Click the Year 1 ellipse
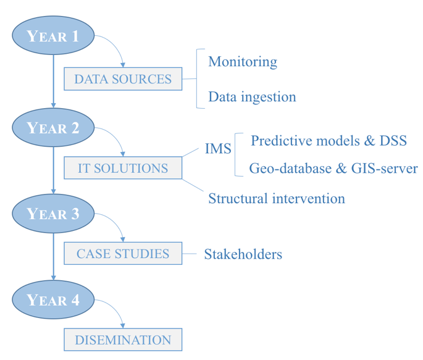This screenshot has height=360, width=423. pyautogui.click(x=53, y=35)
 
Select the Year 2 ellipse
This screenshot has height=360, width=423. pyautogui.click(x=53, y=128)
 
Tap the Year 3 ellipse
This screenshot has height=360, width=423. pyautogui.click(x=53, y=214)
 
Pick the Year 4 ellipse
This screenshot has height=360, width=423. pyautogui.click(x=53, y=299)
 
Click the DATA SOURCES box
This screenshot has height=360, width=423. pyautogui.click(x=123, y=79)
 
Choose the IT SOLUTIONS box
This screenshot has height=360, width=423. pyautogui.click(x=123, y=168)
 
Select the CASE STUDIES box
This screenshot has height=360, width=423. pyautogui.click(x=123, y=253)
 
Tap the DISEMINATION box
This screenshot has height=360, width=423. pyautogui.click(x=123, y=340)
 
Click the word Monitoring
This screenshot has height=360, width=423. pyautogui.click(x=243, y=62)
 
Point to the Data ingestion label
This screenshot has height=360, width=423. pyautogui.click(x=252, y=97)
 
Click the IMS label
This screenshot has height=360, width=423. pyautogui.click(x=218, y=149)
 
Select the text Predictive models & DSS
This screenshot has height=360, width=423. pyautogui.click(x=329, y=141)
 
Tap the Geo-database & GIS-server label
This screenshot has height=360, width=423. pyautogui.click(x=333, y=169)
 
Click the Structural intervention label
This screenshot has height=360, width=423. pyautogui.click(x=277, y=198)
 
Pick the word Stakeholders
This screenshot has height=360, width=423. pyautogui.click(x=243, y=254)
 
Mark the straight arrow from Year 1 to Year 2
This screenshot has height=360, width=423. pyautogui.click(x=53, y=82)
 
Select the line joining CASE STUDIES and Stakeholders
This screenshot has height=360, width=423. pyautogui.click(x=190, y=254)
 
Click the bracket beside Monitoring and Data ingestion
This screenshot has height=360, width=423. pyautogui.click(x=197, y=79)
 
